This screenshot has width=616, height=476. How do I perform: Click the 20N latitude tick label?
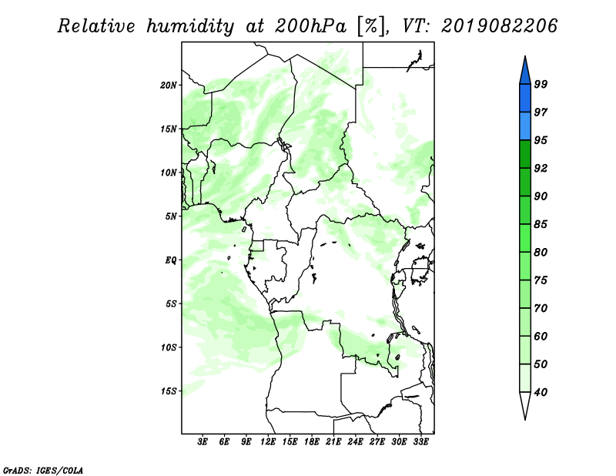[169, 85]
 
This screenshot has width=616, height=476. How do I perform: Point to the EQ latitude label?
[171, 260]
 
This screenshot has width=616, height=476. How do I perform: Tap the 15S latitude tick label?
[169, 391]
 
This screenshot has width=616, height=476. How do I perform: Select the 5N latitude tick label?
[171, 216]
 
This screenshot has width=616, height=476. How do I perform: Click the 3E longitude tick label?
[203, 442]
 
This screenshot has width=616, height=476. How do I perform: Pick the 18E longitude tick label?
[312, 442]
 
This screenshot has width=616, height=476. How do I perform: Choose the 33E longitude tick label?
[420, 442]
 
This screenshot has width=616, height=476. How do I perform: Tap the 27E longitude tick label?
[377, 442]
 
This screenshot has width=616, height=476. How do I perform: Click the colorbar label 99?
[541, 84]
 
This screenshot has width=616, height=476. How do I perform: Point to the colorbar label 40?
[541, 392]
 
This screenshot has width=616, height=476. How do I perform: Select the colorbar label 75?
[541, 280]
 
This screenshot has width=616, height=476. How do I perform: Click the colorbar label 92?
[541, 168]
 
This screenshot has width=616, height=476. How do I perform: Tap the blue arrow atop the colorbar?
[525, 71]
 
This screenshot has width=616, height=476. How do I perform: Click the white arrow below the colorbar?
[525, 405]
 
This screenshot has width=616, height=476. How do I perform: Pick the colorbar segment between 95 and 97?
[525, 126]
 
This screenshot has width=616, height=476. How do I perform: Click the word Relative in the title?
[97, 26]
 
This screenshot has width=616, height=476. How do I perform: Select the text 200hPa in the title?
[311, 26]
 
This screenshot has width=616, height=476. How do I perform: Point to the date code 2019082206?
[499, 26]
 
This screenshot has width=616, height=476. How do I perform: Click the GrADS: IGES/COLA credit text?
[43, 470]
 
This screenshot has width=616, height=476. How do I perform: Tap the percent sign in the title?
[371, 27]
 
